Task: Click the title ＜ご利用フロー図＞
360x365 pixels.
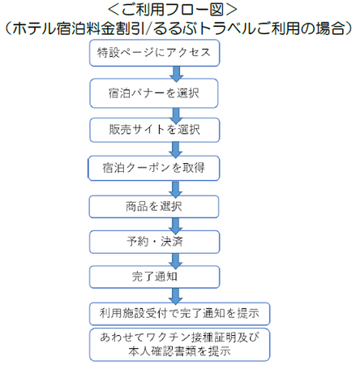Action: (173, 10)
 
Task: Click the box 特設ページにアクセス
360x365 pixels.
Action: (154, 53)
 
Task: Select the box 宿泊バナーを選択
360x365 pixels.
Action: (154, 93)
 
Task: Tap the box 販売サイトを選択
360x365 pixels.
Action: (155, 130)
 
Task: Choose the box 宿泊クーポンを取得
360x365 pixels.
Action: (154, 168)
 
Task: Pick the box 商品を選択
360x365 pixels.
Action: (154, 207)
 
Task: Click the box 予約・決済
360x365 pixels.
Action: (154, 242)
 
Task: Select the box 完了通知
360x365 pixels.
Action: (154, 277)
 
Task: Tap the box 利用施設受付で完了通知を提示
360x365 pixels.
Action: (179, 314)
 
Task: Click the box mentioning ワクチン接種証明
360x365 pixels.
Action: (179, 345)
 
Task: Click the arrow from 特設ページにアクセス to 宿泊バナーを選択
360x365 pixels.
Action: (176, 74)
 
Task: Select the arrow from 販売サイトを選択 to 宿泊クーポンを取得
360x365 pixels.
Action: (176, 150)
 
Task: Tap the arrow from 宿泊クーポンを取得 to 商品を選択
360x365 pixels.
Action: (176, 189)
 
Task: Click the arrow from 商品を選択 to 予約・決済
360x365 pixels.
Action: (176, 225)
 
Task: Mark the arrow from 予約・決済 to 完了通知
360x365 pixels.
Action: (176, 261)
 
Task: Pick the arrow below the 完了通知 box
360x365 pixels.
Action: (176, 296)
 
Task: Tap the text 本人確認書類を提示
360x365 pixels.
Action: (179, 351)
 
